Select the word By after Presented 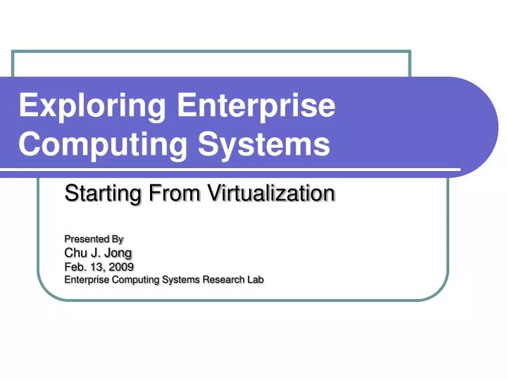pyautogui.click(x=117, y=239)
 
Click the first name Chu pyautogui.click(x=75, y=253)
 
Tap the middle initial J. pyautogui.click(x=95, y=253)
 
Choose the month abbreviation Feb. pyautogui.click(x=75, y=267)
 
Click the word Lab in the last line pyautogui.click(x=254, y=279)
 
